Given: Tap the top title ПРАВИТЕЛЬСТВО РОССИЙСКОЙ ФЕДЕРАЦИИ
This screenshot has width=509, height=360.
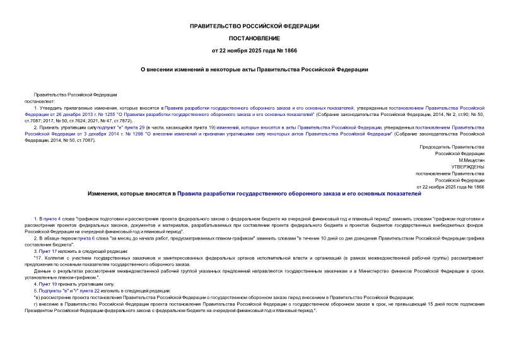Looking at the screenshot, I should pyautogui.click(x=254, y=26).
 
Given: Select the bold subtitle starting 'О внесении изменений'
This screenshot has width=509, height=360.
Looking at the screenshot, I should pyautogui.click(x=254, y=69).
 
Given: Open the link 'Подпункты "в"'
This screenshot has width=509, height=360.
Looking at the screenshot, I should pyautogui.click(x=54, y=291).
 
